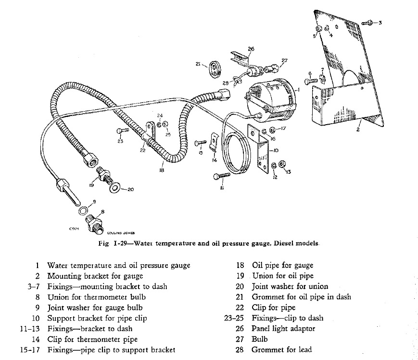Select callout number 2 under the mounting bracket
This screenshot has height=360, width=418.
[358, 130]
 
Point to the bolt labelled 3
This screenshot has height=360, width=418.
[366, 23]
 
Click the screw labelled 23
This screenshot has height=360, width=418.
[120, 131]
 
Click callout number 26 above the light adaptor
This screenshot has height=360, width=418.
[251, 49]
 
